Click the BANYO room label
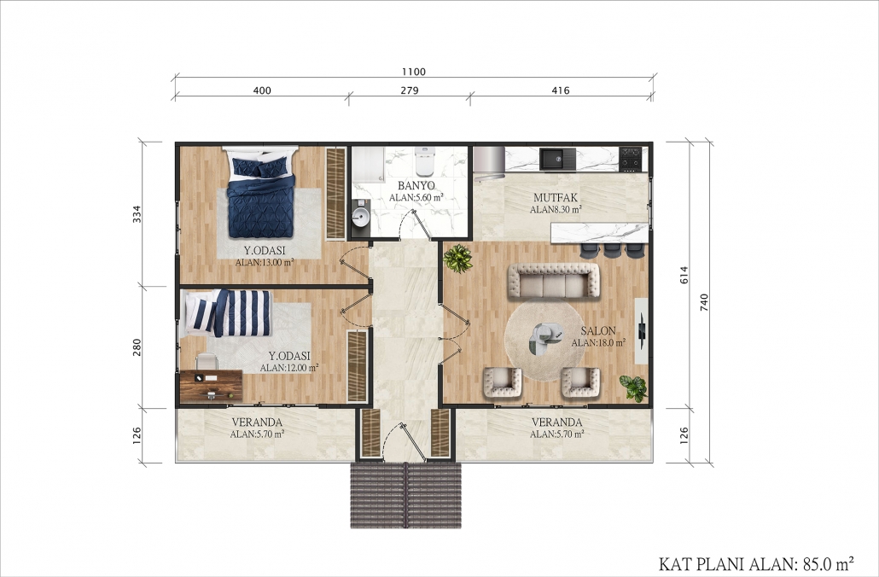(416, 185)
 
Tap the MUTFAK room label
(555, 197)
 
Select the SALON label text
(598, 331)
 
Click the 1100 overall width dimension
(414, 72)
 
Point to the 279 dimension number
(410, 90)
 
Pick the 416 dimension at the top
(561, 90)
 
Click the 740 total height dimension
(705, 303)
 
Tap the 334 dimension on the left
(137, 214)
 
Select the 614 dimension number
(684, 275)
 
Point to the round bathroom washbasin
(360, 215)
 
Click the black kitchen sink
(557, 160)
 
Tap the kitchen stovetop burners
(632, 160)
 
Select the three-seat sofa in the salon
(554, 281)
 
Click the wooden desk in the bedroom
(212, 386)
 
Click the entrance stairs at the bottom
(406, 495)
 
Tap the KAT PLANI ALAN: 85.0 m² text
(756, 562)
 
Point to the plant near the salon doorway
(458, 259)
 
